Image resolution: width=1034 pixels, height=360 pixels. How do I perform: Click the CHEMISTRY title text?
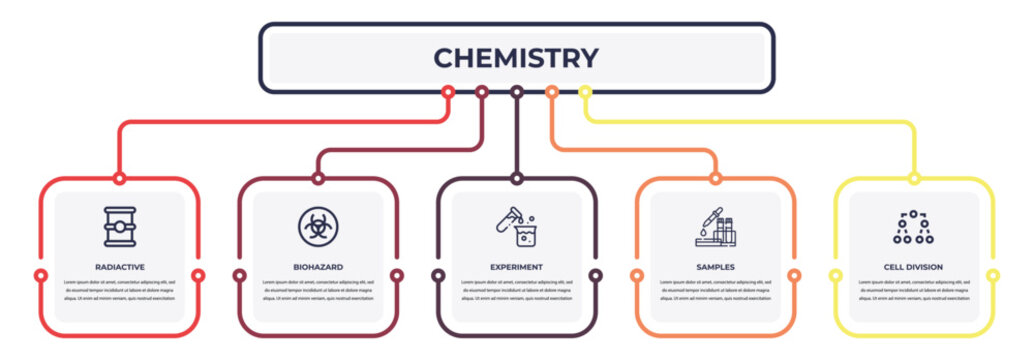click(x=516, y=58)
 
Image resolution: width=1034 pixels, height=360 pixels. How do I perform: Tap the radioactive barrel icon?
click(x=119, y=226)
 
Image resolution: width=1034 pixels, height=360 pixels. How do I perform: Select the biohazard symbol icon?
click(x=318, y=226)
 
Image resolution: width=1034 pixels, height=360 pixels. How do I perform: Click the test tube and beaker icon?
click(x=516, y=226)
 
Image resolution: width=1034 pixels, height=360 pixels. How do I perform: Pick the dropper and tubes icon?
click(x=715, y=226)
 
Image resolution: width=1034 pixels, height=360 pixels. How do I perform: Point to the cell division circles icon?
click(x=912, y=227)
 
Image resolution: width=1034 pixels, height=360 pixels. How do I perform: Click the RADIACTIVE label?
click(x=119, y=267)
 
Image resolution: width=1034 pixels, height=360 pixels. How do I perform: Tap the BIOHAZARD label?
click(x=318, y=267)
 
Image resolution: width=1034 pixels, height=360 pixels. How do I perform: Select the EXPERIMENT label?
click(x=516, y=267)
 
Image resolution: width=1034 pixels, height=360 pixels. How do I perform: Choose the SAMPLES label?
click(x=715, y=267)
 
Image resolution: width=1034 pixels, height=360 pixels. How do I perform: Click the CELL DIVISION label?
click(x=913, y=267)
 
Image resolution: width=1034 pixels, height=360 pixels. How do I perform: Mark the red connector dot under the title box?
click(x=448, y=92)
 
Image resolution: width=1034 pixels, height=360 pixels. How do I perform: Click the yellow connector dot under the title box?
click(x=586, y=92)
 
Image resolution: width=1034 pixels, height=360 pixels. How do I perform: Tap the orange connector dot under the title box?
click(x=551, y=92)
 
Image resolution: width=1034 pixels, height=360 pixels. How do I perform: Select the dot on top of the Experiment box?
click(x=516, y=179)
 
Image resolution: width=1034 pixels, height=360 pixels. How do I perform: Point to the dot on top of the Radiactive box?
click(x=119, y=179)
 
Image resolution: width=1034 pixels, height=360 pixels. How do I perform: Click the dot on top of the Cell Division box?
click(x=913, y=179)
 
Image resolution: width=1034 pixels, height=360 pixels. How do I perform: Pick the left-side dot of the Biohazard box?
click(x=239, y=275)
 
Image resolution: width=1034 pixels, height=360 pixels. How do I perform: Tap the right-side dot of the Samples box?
click(x=794, y=275)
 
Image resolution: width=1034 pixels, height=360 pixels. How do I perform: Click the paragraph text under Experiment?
click(x=516, y=290)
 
